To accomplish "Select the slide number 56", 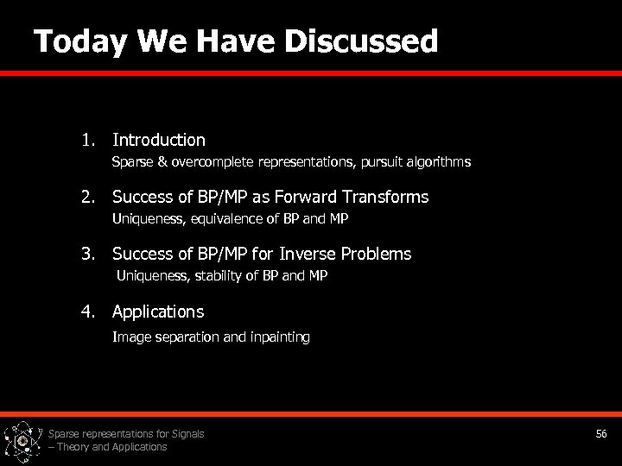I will click(x=602, y=433).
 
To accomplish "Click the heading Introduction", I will click(x=159, y=140).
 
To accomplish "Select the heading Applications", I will click(x=158, y=311).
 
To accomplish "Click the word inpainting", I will click(x=279, y=337).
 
